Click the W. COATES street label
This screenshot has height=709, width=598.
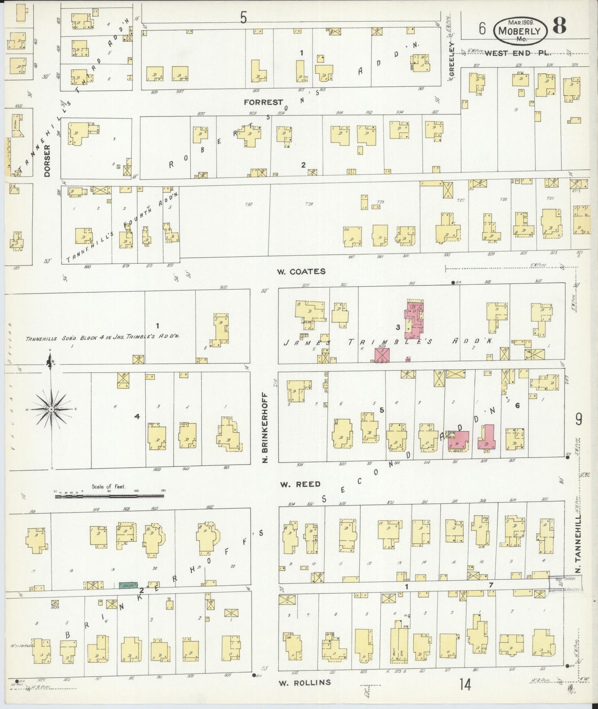click(x=301, y=271)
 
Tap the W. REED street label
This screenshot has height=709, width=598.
click(x=300, y=484)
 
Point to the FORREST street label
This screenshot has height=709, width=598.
click(x=263, y=102)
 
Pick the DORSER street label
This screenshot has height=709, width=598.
click(x=47, y=160)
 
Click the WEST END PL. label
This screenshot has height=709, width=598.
click(x=518, y=53)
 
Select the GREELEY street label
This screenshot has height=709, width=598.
click(x=452, y=60)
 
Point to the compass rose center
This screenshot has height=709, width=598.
click(x=50, y=409)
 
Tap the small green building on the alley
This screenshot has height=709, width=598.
click(x=128, y=585)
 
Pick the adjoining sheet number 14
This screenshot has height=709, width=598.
click(x=465, y=685)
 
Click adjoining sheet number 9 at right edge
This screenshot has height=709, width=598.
click(x=578, y=419)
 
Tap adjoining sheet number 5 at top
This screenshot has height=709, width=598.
click(x=243, y=17)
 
